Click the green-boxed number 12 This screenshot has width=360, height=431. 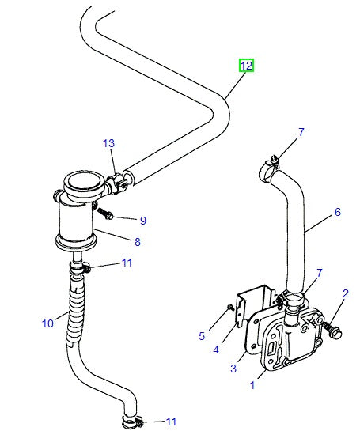[x=247, y=66]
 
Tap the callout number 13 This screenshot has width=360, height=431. [x=108, y=143]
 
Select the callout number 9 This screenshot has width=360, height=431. [x=143, y=220]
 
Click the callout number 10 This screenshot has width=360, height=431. [x=47, y=322]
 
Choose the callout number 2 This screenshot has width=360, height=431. [x=345, y=294]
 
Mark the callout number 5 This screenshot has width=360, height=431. [x=202, y=336]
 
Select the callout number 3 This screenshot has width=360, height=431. [x=233, y=369]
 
